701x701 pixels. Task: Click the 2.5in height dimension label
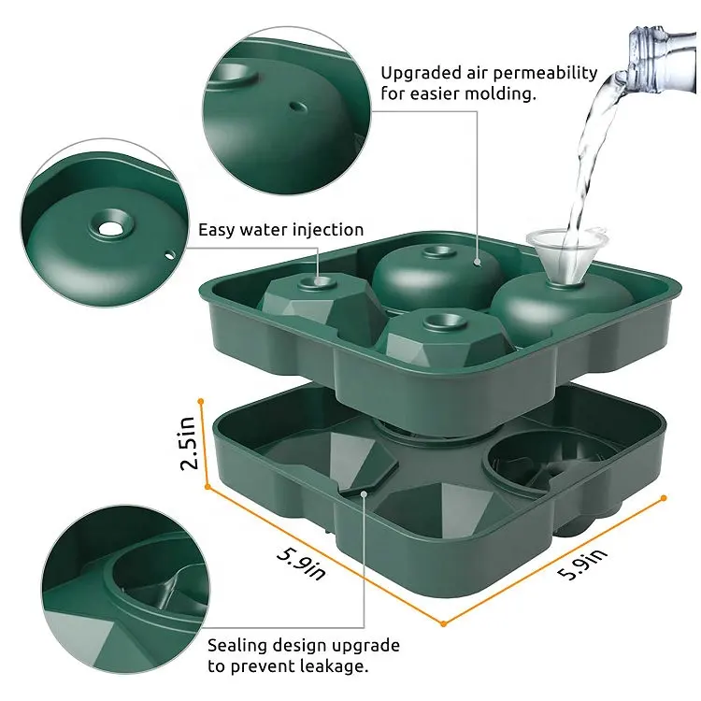click(x=188, y=443)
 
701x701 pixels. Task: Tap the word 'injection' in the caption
click(x=328, y=230)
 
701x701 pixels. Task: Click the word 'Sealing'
click(x=237, y=646)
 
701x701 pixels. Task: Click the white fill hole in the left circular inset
click(x=109, y=228)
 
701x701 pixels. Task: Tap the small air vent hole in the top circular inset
click(x=298, y=107)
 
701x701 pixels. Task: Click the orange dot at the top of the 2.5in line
click(x=201, y=402)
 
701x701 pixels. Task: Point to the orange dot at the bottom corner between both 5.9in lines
click(x=443, y=623)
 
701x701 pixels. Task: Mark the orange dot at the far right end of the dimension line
click(x=664, y=498)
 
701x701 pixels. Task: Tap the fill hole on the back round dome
click(x=440, y=252)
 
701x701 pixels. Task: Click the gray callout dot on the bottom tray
click(x=365, y=494)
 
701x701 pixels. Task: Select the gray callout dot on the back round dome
click(x=478, y=262)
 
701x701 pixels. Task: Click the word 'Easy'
click(x=217, y=231)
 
